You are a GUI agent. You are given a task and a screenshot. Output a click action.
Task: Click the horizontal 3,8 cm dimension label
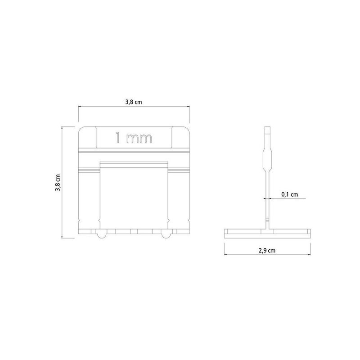point(134,102)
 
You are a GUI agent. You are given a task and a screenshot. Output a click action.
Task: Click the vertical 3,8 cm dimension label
point(58,183)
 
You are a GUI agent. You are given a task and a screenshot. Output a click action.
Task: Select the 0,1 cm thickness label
point(289,194)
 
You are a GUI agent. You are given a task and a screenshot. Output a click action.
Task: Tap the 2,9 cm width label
point(267,250)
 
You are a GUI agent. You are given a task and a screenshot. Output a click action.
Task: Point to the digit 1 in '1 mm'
point(118,138)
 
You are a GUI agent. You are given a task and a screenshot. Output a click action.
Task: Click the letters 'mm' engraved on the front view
point(139,139)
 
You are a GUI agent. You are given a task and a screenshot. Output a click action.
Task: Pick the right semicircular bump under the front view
point(166,235)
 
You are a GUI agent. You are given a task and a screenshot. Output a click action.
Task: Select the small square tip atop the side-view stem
point(267,133)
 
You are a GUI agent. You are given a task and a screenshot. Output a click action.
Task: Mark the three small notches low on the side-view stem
point(267,220)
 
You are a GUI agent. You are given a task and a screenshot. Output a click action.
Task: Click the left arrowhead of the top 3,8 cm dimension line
point(81,107)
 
